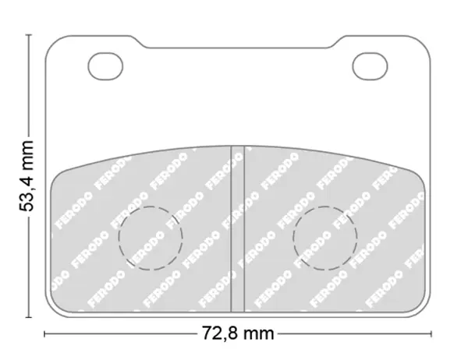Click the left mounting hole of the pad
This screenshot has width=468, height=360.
point(105,66)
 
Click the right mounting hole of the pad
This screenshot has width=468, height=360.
point(370,66)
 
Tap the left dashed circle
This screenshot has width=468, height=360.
point(119,238)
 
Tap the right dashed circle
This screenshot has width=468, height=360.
point(293,238)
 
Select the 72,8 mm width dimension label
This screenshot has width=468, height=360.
point(238,334)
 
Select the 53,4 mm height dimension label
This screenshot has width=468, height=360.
point(27,176)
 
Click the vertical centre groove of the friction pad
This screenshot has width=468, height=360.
point(238,229)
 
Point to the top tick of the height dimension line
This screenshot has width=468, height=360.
point(29,35)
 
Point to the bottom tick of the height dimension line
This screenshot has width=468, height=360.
point(29,317)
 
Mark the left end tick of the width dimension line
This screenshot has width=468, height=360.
point(44,334)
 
